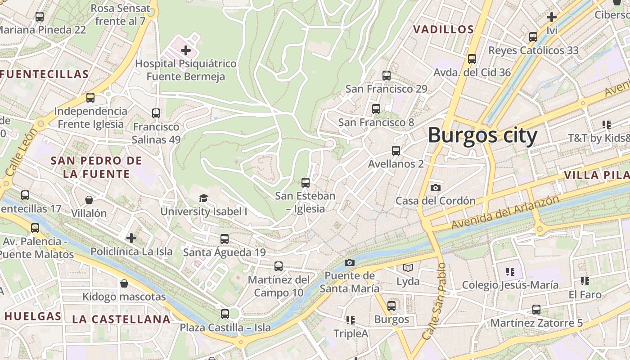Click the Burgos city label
click(x=482, y=135)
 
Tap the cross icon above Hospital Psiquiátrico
click(x=186, y=50)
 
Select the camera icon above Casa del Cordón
click(x=435, y=188)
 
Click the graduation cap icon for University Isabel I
click(x=204, y=198)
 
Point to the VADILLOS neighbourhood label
click(x=443, y=30)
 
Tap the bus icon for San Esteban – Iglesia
click(x=306, y=182)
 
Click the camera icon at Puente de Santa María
click(x=350, y=262)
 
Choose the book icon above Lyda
click(x=408, y=268)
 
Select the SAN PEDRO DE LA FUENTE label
click(x=96, y=167)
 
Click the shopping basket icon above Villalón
click(x=89, y=199)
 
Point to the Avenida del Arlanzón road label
click(x=505, y=212)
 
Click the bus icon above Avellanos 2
click(x=396, y=151)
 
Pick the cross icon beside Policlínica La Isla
click(x=131, y=238)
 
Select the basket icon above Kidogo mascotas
click(x=124, y=283)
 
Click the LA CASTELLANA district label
click(x=121, y=319)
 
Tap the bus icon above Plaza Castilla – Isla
click(x=225, y=314)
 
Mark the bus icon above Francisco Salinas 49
click(x=156, y=113)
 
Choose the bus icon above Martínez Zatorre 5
click(x=536, y=310)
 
